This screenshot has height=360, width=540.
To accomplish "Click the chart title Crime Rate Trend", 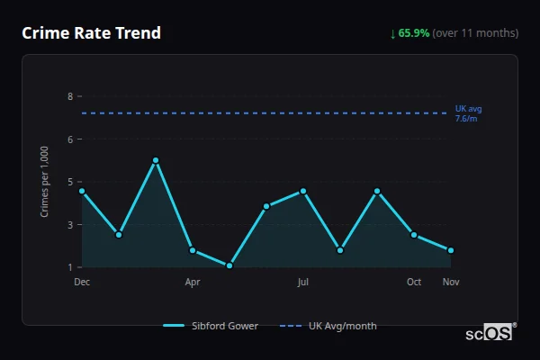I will pos(92,33).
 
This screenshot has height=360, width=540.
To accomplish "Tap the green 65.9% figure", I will pos(415,33).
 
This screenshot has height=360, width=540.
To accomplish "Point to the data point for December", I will pos(82,191).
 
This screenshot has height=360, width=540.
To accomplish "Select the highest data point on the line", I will pos(156,160).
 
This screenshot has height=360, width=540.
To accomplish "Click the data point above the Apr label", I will pos(193,250).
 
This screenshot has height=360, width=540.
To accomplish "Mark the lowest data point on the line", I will pos(229,265).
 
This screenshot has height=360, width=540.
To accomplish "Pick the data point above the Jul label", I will pos(303,191).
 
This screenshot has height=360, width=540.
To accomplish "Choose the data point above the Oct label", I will pos(414,235).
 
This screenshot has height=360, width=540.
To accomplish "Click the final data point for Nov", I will pos(451,250).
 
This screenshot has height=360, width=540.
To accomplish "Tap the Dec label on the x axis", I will pos(82,282).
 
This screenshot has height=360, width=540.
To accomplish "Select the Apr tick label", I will pos(193,282).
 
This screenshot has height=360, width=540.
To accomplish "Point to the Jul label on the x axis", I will pos(303,282).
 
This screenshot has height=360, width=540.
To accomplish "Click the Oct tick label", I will pos(414,282).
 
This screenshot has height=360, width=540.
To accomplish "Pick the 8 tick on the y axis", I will pos(69,96).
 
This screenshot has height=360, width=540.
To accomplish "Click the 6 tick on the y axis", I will pos(69,139).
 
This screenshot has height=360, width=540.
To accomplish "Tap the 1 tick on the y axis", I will pos(69,267).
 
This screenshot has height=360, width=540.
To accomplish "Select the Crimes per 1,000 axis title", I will pos(45,181).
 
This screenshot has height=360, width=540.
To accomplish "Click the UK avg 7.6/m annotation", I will pos(468,113).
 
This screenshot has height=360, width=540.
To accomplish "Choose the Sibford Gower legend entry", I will pos(211,326).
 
